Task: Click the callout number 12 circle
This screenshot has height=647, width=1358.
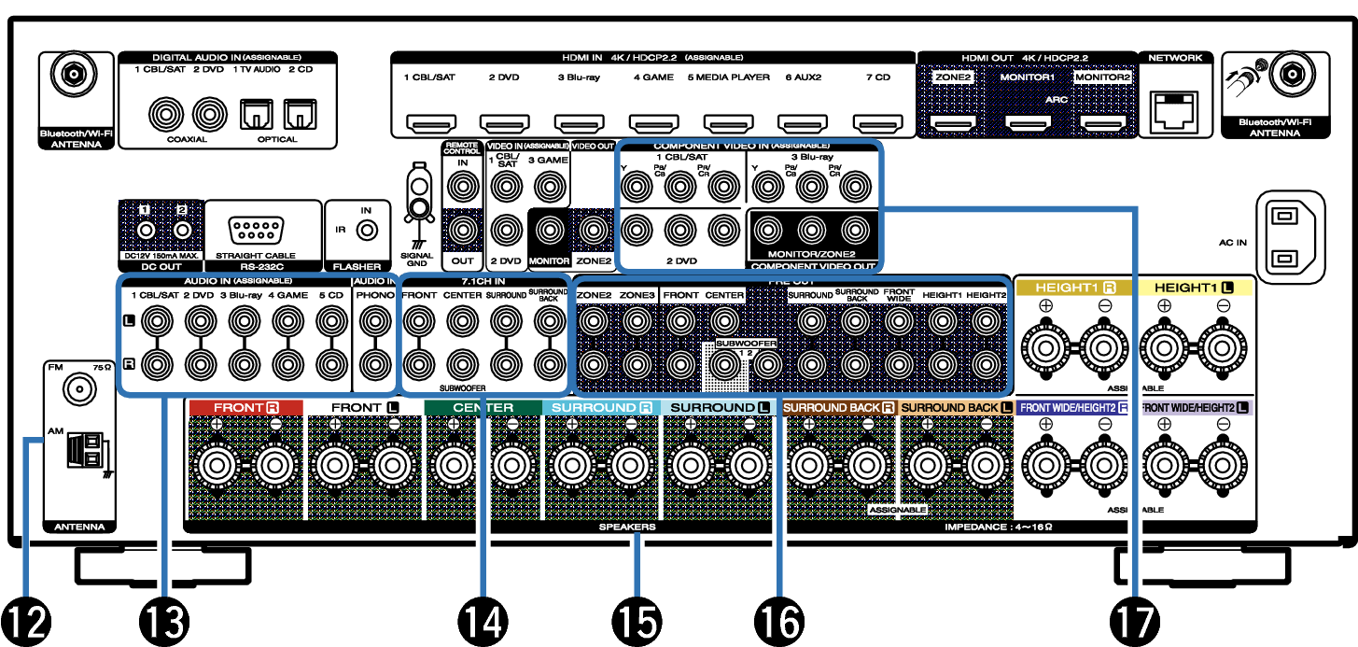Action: click(25, 620)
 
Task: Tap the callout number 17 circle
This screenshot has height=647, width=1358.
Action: click(1135, 620)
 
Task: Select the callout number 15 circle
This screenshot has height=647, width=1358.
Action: click(636, 620)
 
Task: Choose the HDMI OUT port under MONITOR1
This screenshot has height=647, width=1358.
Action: click(1028, 121)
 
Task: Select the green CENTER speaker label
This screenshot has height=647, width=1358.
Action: click(483, 408)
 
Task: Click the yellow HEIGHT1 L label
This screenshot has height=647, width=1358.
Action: click(1195, 288)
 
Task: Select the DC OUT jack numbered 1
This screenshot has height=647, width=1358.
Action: click(146, 230)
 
